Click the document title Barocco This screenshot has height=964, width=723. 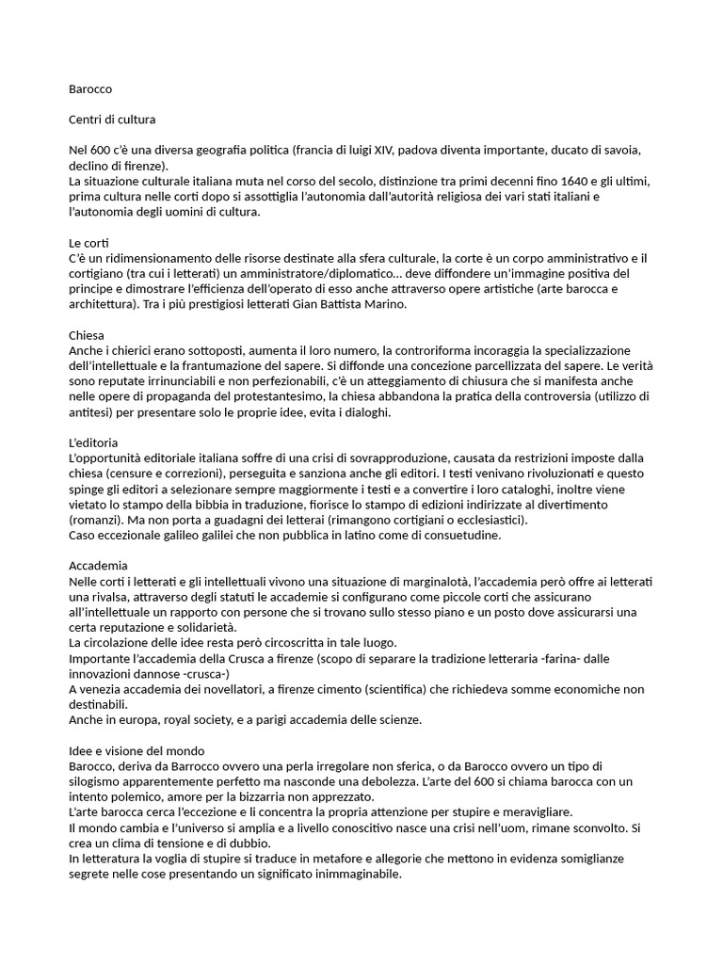(90, 89)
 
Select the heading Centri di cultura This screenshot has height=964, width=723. (113, 120)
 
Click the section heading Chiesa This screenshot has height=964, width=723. (87, 335)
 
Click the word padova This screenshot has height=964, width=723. (416, 151)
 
